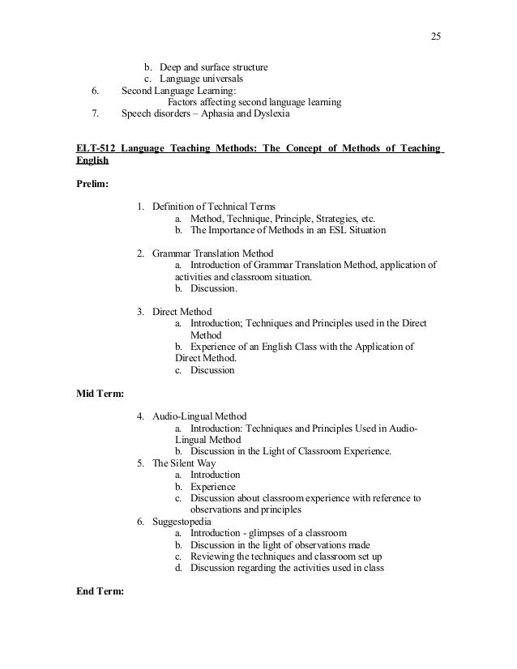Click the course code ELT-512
pyautogui.click(x=95, y=150)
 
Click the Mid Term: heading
pyautogui.click(x=99, y=393)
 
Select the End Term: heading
pyautogui.click(x=99, y=591)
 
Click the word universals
pyautogui.click(x=220, y=79)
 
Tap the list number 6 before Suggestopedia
pyautogui.click(x=140, y=522)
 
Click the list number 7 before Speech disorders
pyautogui.click(x=96, y=114)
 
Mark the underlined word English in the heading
pyautogui.click(x=92, y=161)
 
